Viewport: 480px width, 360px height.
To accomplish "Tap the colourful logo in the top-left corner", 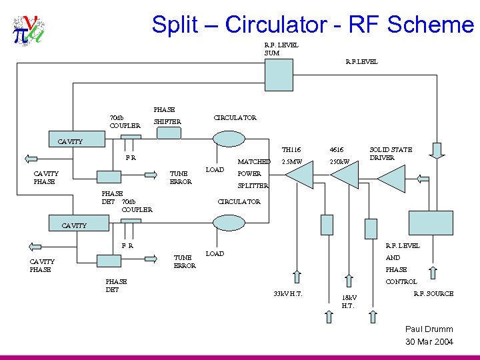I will (x=27, y=31).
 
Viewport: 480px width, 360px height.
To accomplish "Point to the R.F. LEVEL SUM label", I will (x=281, y=49).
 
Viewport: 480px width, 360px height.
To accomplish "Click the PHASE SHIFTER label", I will (x=166, y=115).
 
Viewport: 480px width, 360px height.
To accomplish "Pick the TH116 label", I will (x=291, y=150).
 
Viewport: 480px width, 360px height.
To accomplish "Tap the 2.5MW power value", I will (x=292, y=161).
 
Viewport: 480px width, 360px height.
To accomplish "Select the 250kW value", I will (x=339, y=162).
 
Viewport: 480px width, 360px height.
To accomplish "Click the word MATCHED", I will (x=254, y=161).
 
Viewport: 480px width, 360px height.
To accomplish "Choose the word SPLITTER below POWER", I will (x=253, y=185).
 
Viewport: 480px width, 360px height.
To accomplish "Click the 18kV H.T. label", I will (x=349, y=301).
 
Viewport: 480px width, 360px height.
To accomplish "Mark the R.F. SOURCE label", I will (x=433, y=293).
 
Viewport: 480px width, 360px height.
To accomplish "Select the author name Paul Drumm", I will (x=429, y=329).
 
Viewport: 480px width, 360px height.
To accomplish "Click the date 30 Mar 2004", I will (x=429, y=342).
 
